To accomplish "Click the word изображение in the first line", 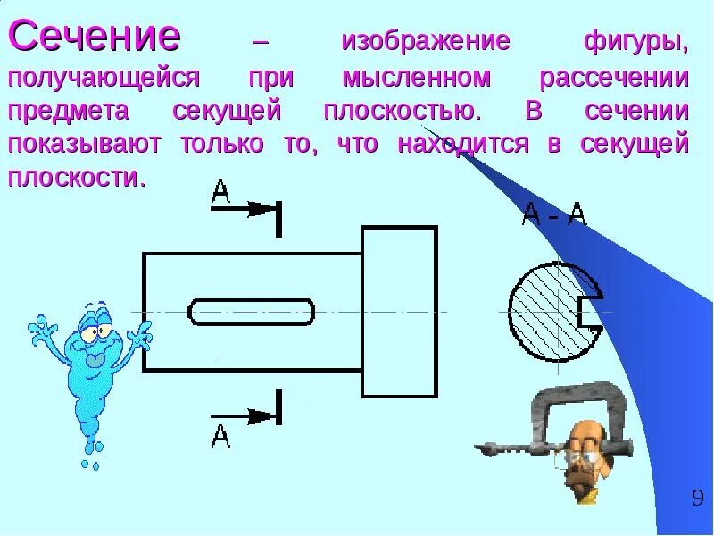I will (425, 41).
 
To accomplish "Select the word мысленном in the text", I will (417, 78).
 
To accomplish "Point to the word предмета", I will (69, 112).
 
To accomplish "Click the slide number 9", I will (697, 498).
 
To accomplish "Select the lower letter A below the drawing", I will (220, 436).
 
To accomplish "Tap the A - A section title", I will (553, 214).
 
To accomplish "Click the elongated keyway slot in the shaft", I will (252, 312).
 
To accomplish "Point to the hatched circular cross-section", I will (542, 311).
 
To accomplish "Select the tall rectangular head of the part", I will (399, 311).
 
